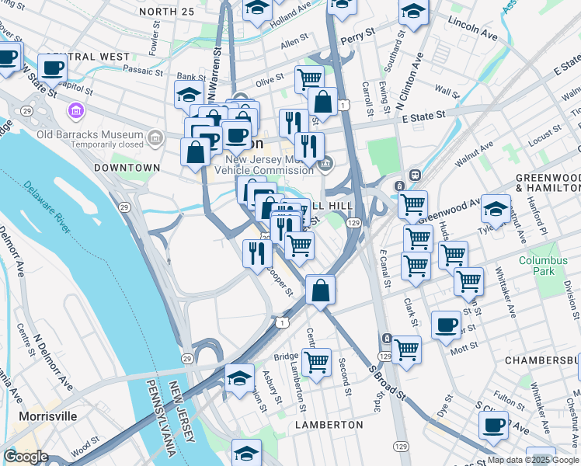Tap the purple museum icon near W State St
(x=75, y=110)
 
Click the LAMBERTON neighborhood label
(x=329, y=425)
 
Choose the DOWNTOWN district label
(x=127, y=168)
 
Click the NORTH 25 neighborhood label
(x=168, y=12)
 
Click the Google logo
(x=26, y=457)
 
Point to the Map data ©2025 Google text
(x=533, y=461)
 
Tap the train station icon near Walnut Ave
(x=416, y=176)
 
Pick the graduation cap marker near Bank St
(x=189, y=94)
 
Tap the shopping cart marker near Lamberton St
(x=316, y=361)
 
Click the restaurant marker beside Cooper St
(x=256, y=252)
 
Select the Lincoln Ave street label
(x=472, y=29)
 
